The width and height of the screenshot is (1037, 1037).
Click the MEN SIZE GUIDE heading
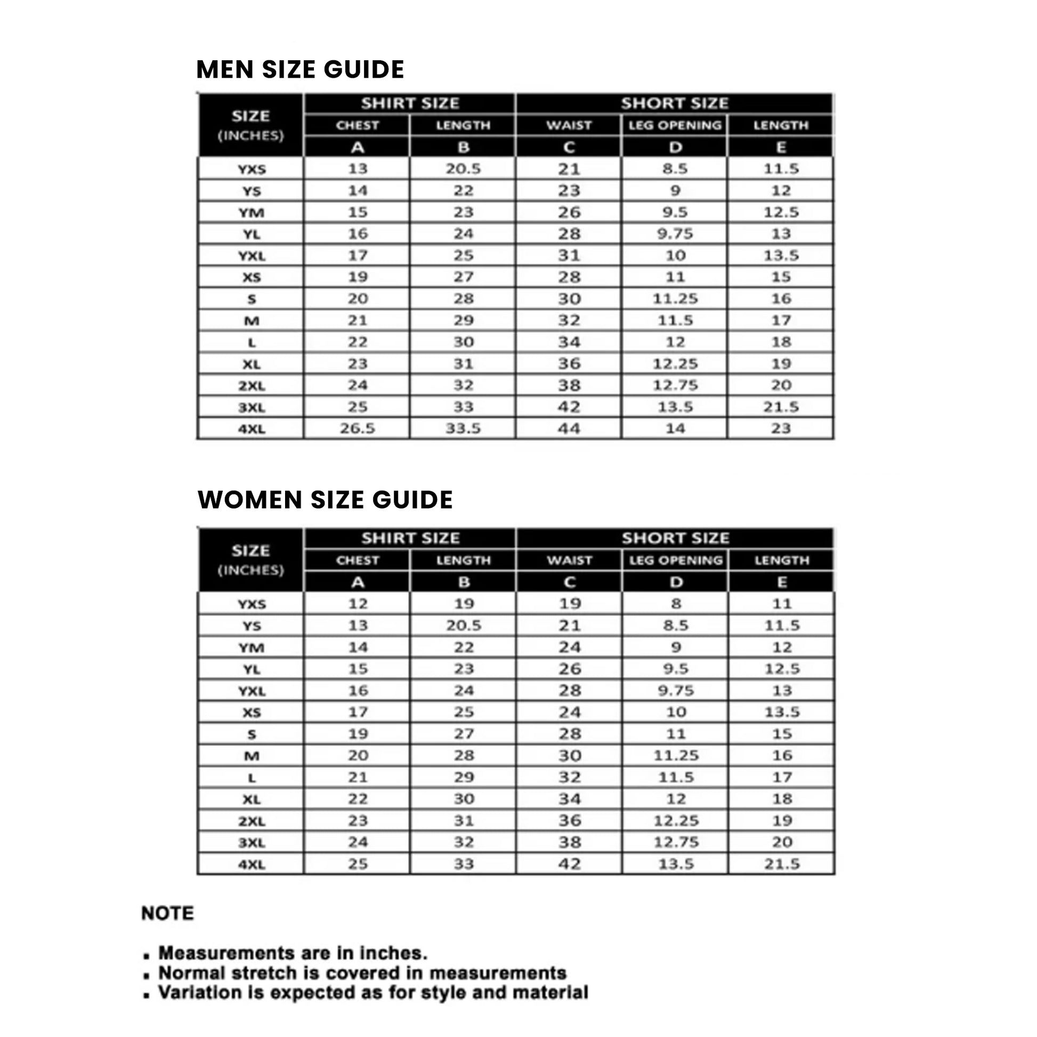pos(300,70)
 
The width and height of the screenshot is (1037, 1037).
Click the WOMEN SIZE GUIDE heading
pos(325,500)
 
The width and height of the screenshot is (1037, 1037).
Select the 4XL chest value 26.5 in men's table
pos(357,428)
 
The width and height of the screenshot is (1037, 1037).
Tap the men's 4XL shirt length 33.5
pos(463,428)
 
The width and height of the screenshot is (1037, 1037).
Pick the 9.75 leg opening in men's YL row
pos(675,233)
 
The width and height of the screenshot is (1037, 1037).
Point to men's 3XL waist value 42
pos(569,407)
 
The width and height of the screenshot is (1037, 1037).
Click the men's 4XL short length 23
pos(781,428)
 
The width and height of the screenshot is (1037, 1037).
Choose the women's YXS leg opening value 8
pos(676,603)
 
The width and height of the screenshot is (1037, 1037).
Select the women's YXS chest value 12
pos(358,603)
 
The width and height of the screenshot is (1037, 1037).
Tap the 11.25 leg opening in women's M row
pos(676,755)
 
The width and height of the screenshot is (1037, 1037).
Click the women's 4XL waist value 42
pos(569,864)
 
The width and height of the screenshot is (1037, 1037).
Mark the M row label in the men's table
pos(251,321)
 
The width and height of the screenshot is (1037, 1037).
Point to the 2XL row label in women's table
pos(251,821)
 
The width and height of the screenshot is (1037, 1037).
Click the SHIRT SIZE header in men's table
pos(410,103)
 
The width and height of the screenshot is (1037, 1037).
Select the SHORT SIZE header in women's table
pos(675,538)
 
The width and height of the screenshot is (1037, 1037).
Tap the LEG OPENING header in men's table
pos(675,125)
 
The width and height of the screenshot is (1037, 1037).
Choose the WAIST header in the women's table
pos(569,561)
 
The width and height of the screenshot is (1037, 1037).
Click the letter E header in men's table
pos(781,147)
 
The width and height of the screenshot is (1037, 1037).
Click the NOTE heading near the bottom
pos(167,913)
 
